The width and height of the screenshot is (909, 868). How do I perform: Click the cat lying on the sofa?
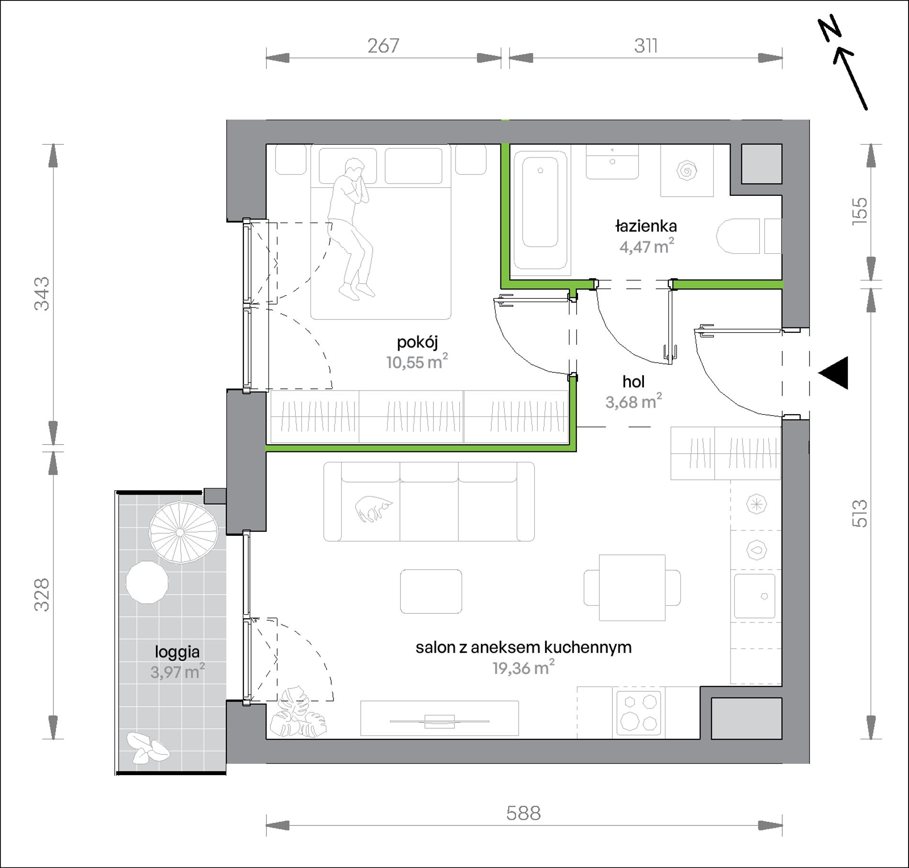point(374,509)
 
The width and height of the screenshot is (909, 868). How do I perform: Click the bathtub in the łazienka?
point(540,210)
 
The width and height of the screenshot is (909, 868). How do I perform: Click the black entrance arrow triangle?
point(833,373)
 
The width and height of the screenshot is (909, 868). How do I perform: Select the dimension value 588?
point(523,813)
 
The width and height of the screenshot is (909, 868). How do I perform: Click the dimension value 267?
point(383,46)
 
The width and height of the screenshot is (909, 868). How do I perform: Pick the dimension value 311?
point(645,46)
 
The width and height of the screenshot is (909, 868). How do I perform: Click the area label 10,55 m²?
point(417,362)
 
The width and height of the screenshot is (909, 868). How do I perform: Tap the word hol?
point(633,382)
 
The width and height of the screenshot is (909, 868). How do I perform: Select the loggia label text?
point(177,652)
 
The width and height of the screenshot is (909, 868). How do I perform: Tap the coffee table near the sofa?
point(431,591)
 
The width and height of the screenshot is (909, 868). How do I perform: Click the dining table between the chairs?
point(632,587)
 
